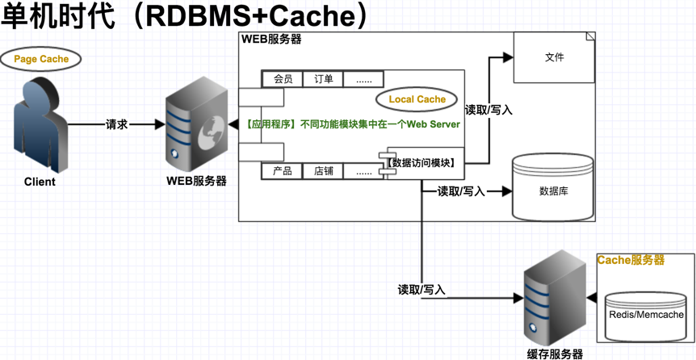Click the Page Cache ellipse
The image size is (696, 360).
[x=41, y=59]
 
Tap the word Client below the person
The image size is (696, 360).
[x=40, y=182]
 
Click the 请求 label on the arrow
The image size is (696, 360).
[x=116, y=125]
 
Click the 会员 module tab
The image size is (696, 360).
[x=283, y=79]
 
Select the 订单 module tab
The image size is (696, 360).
[x=323, y=79]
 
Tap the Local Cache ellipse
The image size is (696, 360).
[x=417, y=99]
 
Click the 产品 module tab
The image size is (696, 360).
[x=283, y=171]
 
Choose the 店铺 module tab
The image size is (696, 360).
[x=323, y=171]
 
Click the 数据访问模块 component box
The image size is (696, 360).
[x=422, y=163]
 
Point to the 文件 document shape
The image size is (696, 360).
[x=554, y=57]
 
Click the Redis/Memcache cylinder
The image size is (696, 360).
[x=647, y=315]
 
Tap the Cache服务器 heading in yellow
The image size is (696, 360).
[x=631, y=261]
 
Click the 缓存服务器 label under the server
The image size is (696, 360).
[x=555, y=353]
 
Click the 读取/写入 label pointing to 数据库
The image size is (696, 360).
[x=461, y=192]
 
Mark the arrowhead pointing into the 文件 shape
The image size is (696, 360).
[x=508, y=57]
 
